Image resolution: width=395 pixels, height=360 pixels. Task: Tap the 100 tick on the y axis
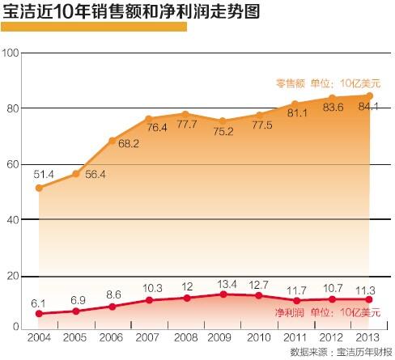point(11,53)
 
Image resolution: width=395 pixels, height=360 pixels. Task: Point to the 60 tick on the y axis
point(11,164)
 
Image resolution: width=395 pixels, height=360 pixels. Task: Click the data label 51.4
point(43,174)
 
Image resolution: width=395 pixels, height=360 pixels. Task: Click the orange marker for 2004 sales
point(40,188)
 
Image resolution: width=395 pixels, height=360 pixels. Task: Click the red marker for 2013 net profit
point(370,299)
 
